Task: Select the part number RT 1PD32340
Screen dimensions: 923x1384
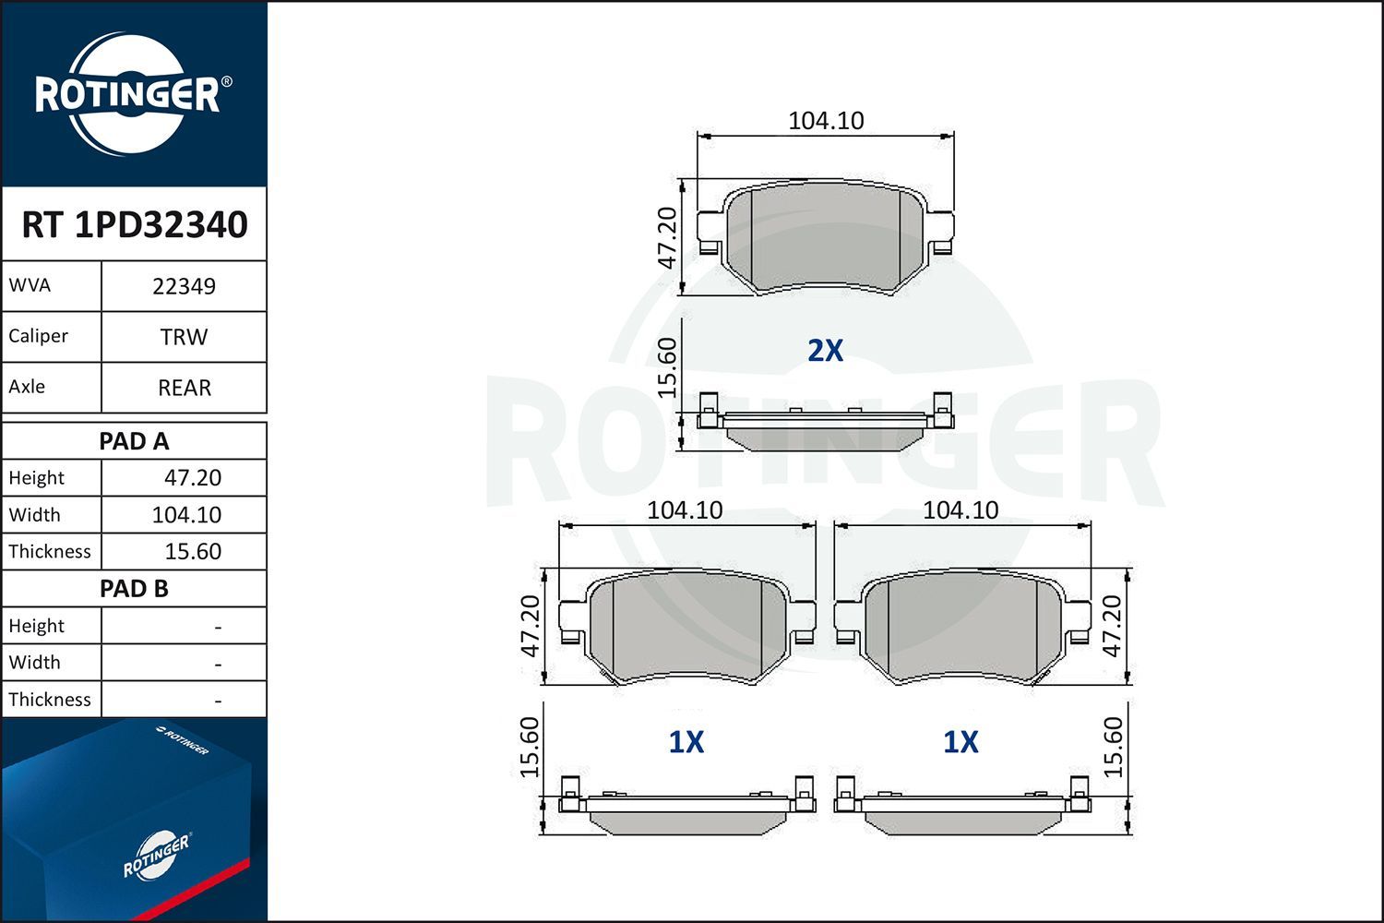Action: coord(135,225)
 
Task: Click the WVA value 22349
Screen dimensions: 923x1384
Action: coord(184,286)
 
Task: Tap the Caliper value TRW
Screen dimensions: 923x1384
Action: coord(184,337)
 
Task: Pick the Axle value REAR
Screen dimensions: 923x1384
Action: coord(185,388)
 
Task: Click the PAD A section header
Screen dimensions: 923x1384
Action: coord(134,441)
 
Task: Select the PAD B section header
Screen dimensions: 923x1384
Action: coord(134,589)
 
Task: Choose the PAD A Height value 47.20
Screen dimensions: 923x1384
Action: coord(192,478)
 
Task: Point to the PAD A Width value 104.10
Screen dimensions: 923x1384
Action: coord(186,515)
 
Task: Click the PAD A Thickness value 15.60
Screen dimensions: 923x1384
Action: coord(192,552)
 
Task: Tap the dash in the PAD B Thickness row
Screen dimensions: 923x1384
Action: coord(218,701)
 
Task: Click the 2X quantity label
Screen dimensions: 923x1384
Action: coord(825,351)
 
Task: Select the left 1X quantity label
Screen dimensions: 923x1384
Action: coord(686,742)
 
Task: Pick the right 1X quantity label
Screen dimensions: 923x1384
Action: coord(960,742)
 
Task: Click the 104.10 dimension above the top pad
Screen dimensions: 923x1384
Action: coord(826,121)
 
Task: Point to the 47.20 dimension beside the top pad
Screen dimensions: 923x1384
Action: coord(667,237)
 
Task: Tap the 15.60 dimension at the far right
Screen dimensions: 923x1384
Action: coord(1114,747)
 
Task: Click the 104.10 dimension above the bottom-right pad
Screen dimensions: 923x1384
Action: coord(960,510)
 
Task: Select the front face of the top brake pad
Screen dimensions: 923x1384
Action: coord(824,237)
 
